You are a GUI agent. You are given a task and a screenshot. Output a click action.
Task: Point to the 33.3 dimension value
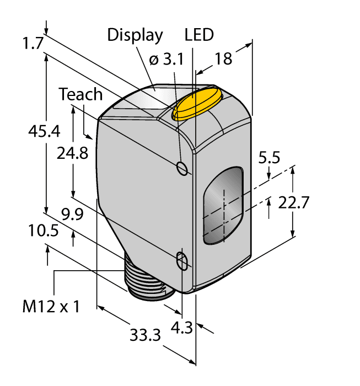coord(146,334)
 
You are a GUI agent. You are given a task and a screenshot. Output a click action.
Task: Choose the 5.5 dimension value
coord(269,158)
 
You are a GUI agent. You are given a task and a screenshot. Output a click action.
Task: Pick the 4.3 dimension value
coord(182,328)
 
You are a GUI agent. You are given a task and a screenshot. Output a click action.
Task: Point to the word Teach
coord(81,94)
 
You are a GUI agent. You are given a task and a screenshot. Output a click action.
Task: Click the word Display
coord(135,35)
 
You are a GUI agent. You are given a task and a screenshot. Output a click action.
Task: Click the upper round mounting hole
coord(182,168)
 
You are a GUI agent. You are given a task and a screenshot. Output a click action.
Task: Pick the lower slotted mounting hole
coord(181,261)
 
